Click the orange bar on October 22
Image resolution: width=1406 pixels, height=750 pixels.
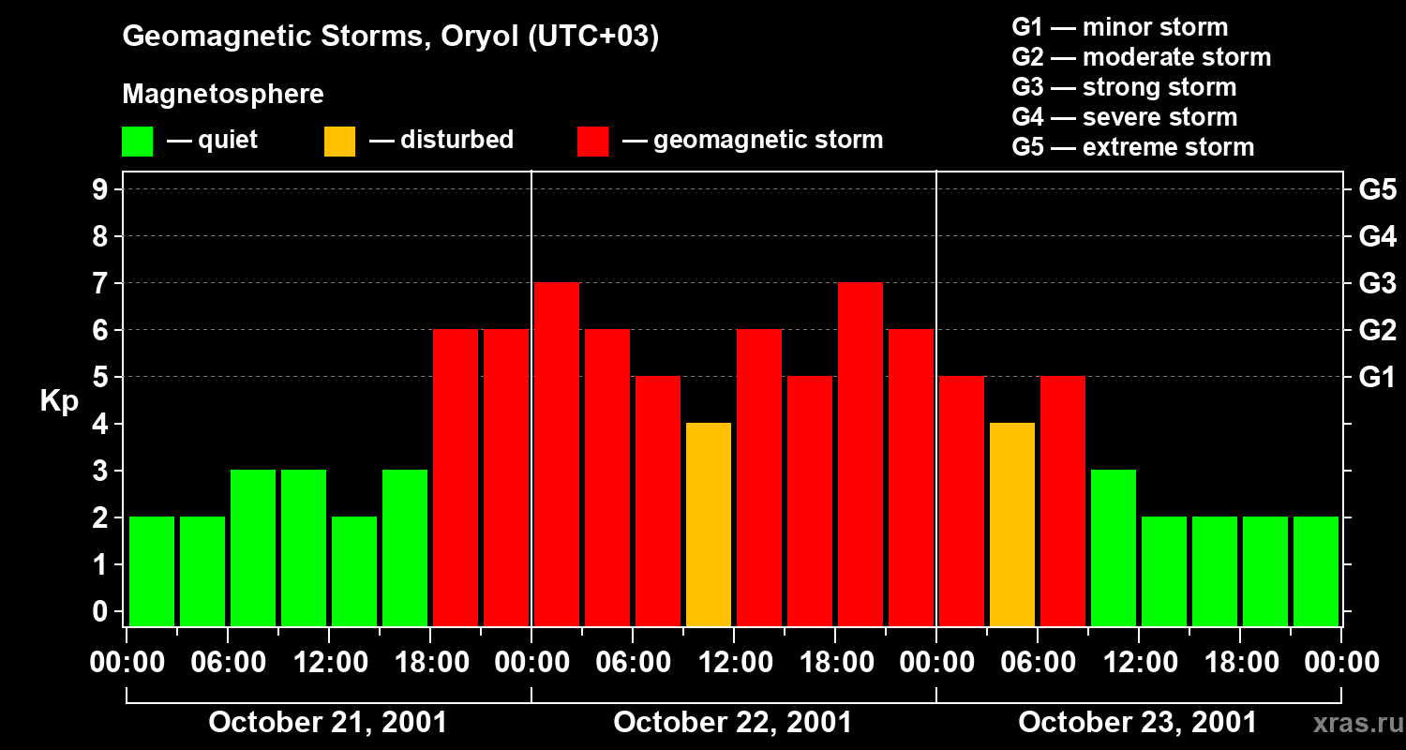[x=709, y=524]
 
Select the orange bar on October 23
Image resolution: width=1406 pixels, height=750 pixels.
[x=1012, y=524]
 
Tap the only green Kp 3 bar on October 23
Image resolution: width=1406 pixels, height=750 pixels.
[x=1114, y=547]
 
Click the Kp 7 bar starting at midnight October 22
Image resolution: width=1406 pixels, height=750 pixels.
[x=557, y=454]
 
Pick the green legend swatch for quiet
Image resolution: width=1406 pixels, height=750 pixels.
[x=137, y=142]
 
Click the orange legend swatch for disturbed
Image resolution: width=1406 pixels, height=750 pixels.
[x=339, y=142]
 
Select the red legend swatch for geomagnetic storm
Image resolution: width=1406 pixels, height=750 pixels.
[x=593, y=142]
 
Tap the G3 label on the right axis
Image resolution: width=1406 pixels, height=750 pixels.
[x=1377, y=283]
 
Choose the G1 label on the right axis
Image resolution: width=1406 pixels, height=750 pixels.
[x=1377, y=378]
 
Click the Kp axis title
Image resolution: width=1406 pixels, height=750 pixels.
[x=59, y=403]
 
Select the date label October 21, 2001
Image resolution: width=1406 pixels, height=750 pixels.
[x=327, y=723]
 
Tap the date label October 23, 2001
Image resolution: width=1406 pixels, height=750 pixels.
[x=1137, y=723]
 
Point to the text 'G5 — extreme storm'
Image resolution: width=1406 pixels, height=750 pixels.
[x=1132, y=147]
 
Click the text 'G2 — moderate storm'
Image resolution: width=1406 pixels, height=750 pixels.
[x=1141, y=57]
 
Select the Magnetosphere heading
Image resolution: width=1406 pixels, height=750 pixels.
[x=223, y=95]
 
